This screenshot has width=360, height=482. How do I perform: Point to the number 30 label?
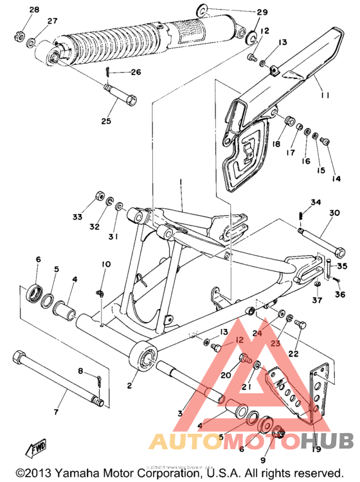point(334,213)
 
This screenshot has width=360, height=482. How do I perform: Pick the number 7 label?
point(55,411)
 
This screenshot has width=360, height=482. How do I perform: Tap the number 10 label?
point(105,264)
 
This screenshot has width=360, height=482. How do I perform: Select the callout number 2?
point(129,386)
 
